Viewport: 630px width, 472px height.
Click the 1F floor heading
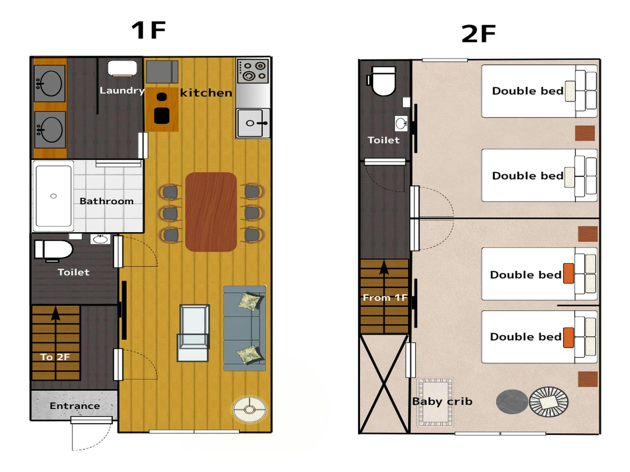point(149,30)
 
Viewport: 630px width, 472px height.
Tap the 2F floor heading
point(479,34)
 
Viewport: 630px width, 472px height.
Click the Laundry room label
point(122,90)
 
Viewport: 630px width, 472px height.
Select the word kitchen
point(206,93)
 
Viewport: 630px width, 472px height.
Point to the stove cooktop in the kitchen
point(253,71)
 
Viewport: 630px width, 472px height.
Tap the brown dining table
point(211,212)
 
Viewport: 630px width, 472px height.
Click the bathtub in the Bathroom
point(54,196)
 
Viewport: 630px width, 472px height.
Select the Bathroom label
point(107,201)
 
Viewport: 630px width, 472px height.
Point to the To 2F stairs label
point(55,357)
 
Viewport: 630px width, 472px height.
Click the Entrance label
point(75,406)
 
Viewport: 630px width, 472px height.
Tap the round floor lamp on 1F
point(249,409)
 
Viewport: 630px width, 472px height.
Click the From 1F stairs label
point(385,297)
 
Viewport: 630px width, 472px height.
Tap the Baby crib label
point(442,401)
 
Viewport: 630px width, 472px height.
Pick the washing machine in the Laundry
point(122,68)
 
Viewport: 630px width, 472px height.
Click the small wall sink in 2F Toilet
point(401,124)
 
